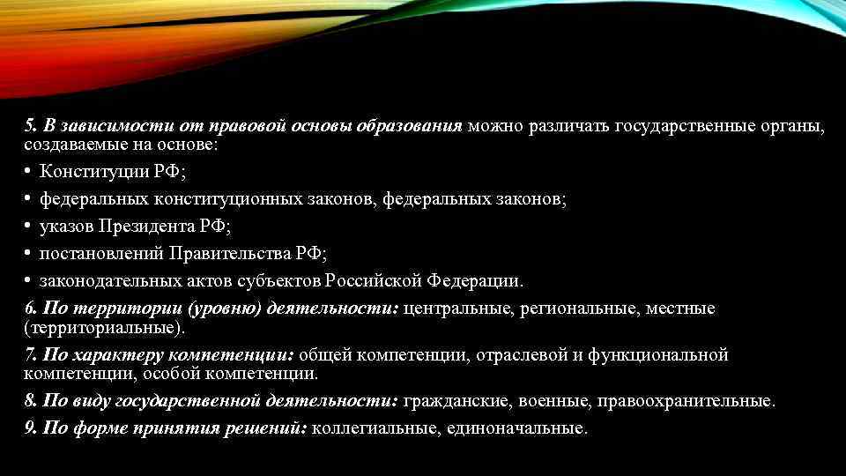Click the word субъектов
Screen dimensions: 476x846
tap(278, 281)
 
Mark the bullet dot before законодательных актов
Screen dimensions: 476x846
tap(29, 281)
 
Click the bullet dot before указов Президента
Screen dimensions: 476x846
tap(29, 227)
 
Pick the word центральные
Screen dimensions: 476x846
tap(458, 309)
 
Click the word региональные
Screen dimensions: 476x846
tap(581, 309)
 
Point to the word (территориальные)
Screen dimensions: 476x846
tap(105, 328)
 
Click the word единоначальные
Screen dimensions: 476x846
tap(516, 428)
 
